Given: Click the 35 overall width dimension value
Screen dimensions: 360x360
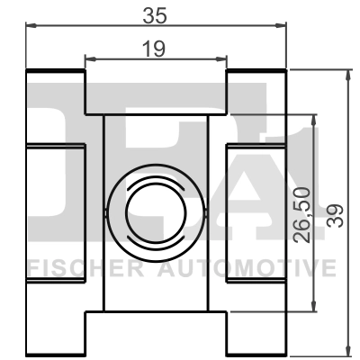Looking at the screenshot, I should (156, 15).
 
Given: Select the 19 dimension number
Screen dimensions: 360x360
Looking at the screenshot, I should (155, 49).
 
